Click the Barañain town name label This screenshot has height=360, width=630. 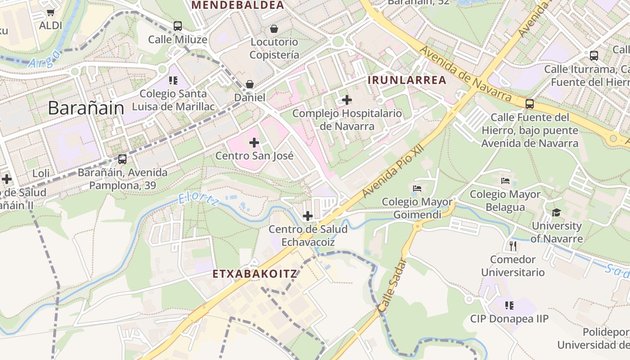tap(85, 108)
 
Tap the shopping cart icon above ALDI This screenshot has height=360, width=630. tap(50, 13)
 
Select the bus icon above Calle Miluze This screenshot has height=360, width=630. tap(178, 26)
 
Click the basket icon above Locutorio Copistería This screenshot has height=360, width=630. tap(274, 29)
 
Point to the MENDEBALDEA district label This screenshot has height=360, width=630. tap(238, 5)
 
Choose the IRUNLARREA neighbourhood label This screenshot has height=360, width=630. tap(407, 80)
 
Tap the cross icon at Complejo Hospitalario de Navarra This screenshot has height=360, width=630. tap(347, 100)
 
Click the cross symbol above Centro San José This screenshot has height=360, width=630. tap(254, 143)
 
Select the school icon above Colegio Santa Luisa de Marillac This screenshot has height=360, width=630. tap(173, 81)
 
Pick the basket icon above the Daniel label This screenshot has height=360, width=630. tap(249, 84)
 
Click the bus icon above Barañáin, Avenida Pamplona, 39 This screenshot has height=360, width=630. tap(122, 159)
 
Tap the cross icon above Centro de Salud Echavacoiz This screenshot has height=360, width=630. tap(308, 216)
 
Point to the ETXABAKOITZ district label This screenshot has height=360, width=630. tap(255, 274)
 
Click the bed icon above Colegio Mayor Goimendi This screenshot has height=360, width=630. tap(417, 188)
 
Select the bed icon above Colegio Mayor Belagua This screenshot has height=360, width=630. tap(505, 181)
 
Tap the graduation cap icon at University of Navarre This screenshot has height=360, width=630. tap(557, 212)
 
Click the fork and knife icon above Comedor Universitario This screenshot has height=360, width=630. tap(513, 246)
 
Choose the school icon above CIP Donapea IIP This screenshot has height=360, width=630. tap(509, 306)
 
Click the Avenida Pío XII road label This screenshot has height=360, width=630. tap(393, 169)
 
